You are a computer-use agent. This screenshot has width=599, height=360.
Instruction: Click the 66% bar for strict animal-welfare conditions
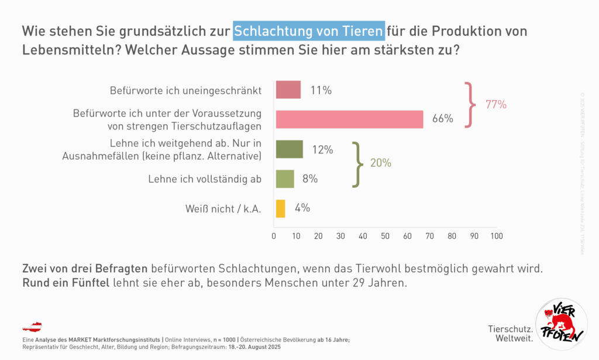pyautogui.click(x=349, y=119)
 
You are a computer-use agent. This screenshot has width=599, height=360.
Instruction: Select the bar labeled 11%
pyautogui.click(x=288, y=90)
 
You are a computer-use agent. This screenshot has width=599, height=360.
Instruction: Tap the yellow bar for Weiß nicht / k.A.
pyautogui.click(x=280, y=208)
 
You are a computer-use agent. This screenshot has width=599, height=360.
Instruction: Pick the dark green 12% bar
pyautogui.click(x=289, y=149)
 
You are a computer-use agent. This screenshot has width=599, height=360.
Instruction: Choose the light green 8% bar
pyautogui.click(x=284, y=179)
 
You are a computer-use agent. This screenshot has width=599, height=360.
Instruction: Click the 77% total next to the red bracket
pyautogui.click(x=496, y=105)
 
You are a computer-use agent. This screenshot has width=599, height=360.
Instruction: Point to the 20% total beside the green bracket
pyautogui.click(x=381, y=163)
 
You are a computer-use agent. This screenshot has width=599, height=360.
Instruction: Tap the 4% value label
pyautogui.click(x=302, y=208)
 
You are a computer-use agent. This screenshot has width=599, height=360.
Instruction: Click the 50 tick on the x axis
pyautogui.click(x=385, y=236)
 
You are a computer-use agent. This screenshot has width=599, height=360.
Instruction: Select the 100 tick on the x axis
pyautogui.click(x=496, y=236)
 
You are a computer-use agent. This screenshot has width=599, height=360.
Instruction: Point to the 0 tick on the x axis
pyautogui.click(x=274, y=236)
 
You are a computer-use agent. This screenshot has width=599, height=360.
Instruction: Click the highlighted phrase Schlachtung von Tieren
pyautogui.click(x=309, y=30)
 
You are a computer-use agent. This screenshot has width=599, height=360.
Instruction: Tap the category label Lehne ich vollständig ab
pyautogui.click(x=204, y=179)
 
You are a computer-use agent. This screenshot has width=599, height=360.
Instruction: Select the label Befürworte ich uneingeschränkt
pyautogui.click(x=185, y=91)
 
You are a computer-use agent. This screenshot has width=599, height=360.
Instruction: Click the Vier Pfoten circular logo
pyautogui.click(x=560, y=324)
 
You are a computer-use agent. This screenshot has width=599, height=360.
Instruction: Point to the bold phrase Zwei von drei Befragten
pyautogui.click(x=84, y=269)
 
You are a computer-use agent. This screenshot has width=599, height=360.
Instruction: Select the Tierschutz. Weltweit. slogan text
pyautogui.click(x=510, y=334)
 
